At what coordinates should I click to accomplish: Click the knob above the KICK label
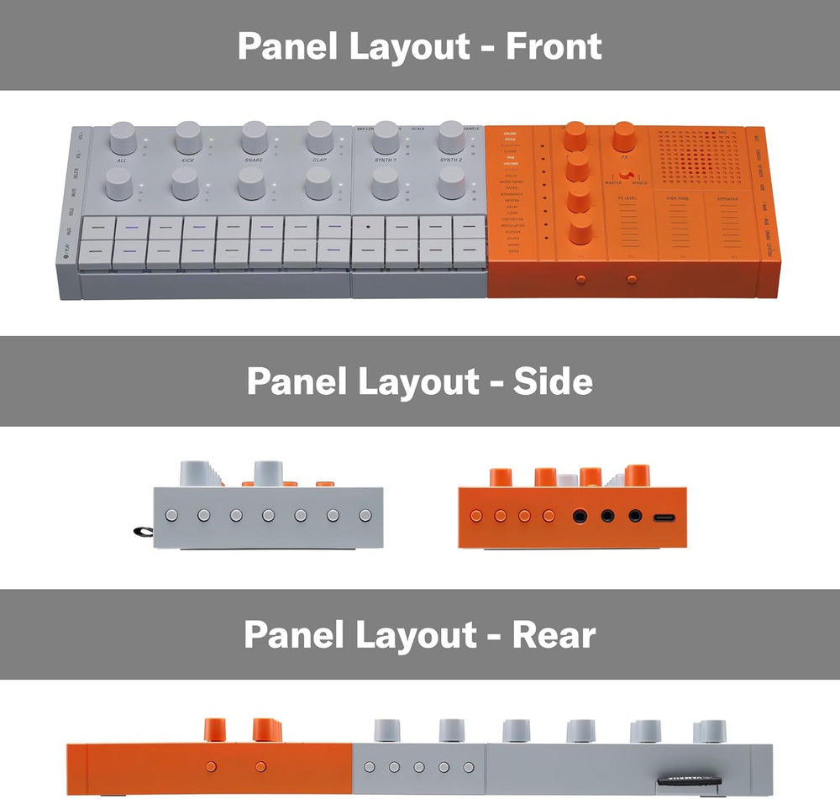coord(188,136)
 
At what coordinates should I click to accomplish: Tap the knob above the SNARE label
coord(254,136)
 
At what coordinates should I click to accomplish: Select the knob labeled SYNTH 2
coord(451,136)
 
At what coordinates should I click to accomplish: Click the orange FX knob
coord(623,134)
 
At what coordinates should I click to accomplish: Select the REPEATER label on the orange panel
coord(727,199)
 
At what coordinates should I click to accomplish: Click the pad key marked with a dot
coord(368,227)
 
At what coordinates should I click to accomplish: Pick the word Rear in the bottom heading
coord(555,634)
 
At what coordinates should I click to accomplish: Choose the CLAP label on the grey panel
coord(319,159)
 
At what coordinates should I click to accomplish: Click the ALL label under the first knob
coord(122,159)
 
